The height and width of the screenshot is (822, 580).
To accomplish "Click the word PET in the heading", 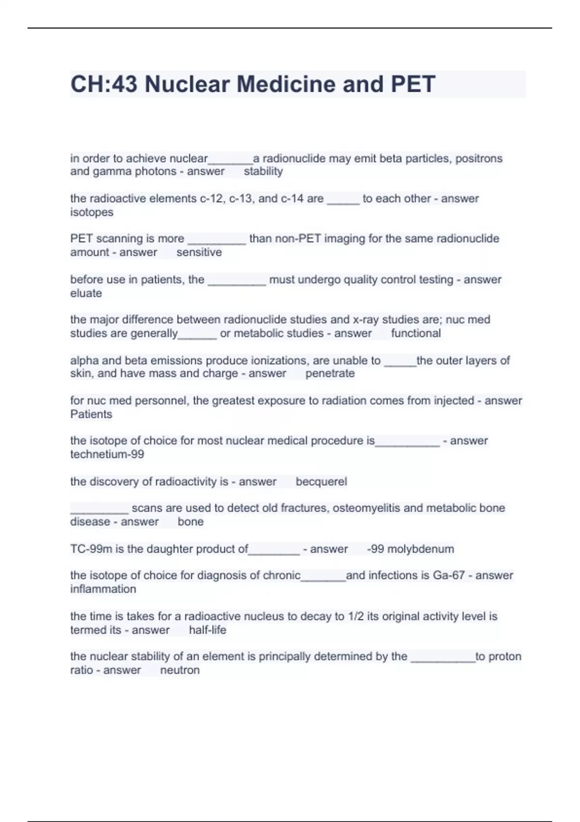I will click(x=413, y=84).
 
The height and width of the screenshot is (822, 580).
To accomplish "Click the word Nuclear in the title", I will click(x=187, y=84).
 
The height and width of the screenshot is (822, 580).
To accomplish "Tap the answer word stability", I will click(x=263, y=171).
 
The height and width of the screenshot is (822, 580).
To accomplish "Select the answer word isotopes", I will click(x=92, y=212).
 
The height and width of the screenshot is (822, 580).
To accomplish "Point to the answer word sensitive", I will click(x=199, y=252).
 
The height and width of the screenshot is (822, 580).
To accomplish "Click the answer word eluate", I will click(x=86, y=294).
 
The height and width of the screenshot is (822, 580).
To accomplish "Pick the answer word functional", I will click(x=416, y=333).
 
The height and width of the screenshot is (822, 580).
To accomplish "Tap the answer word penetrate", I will click(x=330, y=373).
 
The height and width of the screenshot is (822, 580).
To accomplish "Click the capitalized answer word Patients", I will click(x=91, y=414).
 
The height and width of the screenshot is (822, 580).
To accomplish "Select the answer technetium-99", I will click(x=107, y=455).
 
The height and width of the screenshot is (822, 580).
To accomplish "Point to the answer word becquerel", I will click(x=321, y=482).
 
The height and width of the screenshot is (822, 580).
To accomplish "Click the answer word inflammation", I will click(x=103, y=589).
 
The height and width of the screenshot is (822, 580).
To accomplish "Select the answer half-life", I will click(x=207, y=630).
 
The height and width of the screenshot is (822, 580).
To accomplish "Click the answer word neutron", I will click(x=180, y=670).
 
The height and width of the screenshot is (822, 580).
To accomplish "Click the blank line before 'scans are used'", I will click(x=100, y=511).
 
